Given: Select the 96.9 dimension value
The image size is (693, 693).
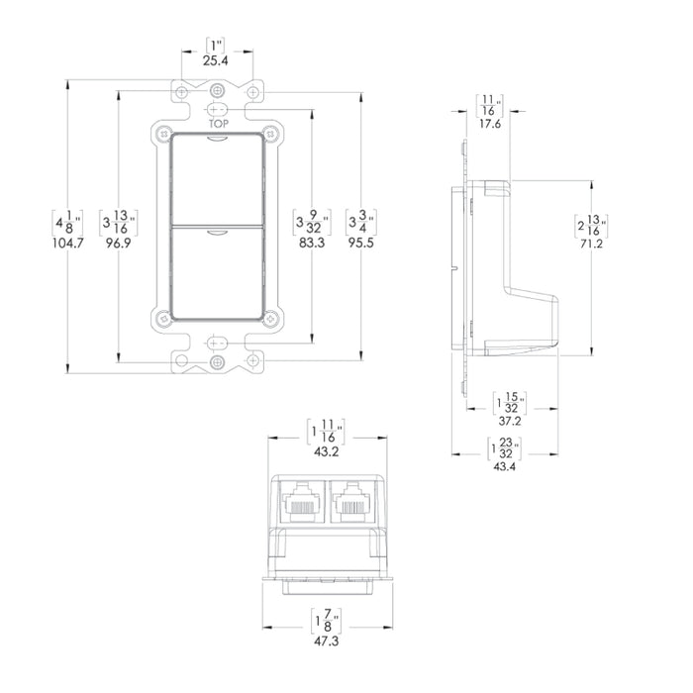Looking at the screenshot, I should point(119,241).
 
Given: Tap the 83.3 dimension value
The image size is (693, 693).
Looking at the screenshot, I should point(313,241).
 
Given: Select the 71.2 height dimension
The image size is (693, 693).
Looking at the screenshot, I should point(592,246).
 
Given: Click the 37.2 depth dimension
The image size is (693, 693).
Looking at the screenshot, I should point(511,421).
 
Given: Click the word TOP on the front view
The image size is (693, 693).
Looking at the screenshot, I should point(218,125).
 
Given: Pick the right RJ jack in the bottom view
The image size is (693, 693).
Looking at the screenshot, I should point(350,502).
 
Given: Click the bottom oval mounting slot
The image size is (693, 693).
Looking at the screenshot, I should point(218,343).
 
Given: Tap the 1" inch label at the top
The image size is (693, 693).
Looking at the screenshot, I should point(217,45).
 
